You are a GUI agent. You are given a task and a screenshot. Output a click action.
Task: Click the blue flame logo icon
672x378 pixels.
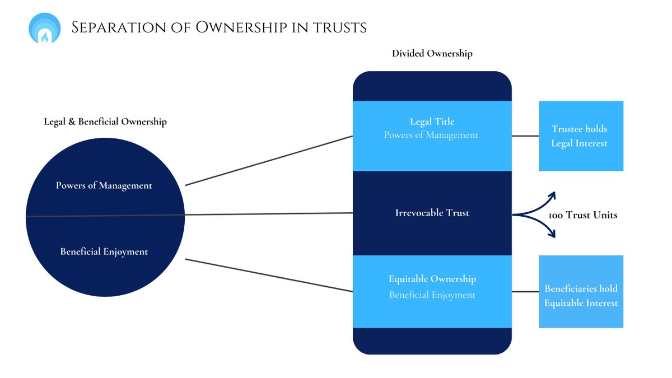44,28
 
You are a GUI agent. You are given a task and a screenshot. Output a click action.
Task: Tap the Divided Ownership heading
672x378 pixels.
432,54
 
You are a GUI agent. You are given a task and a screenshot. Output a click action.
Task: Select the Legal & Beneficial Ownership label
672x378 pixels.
105,122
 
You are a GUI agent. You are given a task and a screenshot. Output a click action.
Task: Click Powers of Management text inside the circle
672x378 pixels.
104,185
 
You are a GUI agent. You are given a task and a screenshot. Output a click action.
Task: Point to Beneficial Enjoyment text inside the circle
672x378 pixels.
104,252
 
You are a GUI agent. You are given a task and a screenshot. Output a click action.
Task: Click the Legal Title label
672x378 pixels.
432,122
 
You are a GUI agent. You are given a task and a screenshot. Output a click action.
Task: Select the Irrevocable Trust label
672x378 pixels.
432,213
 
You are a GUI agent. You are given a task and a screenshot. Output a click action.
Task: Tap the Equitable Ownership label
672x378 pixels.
432,279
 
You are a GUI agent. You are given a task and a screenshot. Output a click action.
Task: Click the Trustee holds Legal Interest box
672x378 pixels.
581,136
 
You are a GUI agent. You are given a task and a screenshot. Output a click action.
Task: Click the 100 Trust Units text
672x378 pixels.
583,215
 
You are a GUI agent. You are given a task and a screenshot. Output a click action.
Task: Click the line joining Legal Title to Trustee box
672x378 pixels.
525,136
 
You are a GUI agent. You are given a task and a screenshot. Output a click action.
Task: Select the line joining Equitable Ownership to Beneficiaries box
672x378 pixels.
525,291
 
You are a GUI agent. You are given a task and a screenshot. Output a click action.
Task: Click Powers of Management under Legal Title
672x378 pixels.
431,135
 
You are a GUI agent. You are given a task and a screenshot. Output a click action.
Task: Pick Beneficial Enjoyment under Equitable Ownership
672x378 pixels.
432,295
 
